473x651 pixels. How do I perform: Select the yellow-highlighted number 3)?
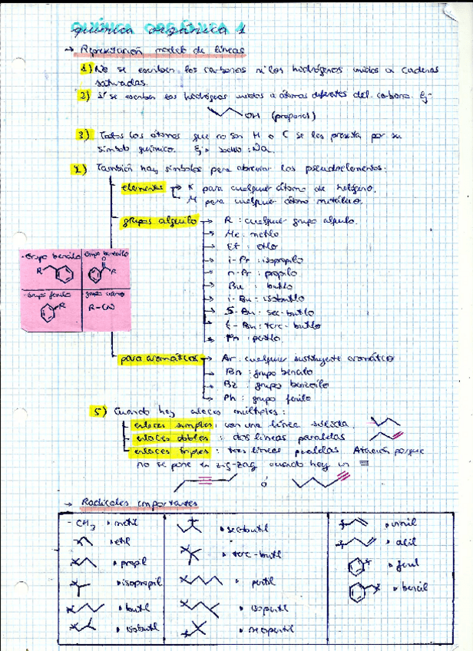pyautogui.click(x=84, y=135)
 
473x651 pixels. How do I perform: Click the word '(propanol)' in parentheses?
pyautogui.click(x=292, y=116)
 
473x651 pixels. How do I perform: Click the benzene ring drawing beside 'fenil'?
pyautogui.click(x=356, y=567)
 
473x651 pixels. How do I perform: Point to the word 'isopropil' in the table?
pyautogui.click(x=140, y=583)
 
